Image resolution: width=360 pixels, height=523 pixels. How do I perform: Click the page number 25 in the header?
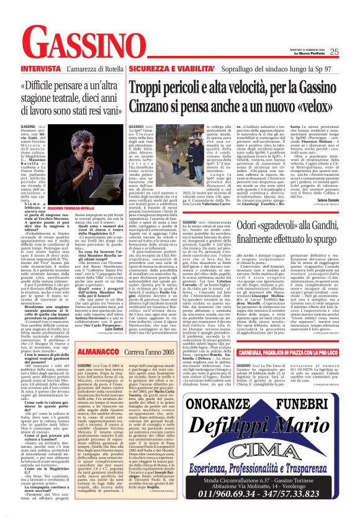(x=351, y=52)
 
